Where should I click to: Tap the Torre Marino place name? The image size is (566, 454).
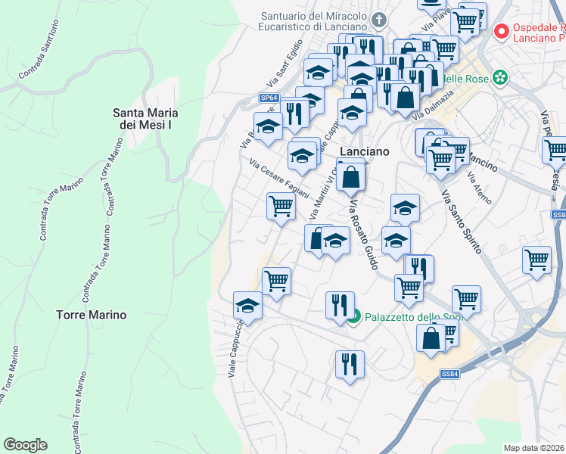tap(92, 314)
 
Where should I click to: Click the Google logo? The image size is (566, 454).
tap(25, 445)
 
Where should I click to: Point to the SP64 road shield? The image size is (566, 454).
tap(269, 98)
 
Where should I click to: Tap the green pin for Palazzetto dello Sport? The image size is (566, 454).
tap(353, 317)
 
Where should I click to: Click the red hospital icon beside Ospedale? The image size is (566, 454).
tap(500, 32)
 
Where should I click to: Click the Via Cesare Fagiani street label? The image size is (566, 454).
tap(279, 178)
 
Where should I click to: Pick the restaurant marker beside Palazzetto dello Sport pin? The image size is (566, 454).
tap(340, 305)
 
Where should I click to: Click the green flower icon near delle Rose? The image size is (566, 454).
tap(499, 77)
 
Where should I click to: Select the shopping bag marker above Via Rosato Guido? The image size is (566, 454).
tap(352, 178)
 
